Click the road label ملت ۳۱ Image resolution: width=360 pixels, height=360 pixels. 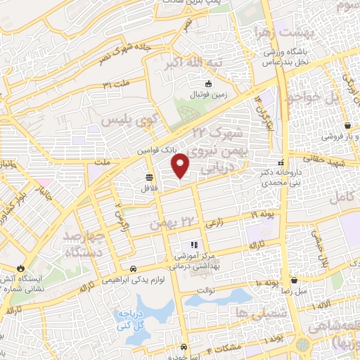[x=117, y=85]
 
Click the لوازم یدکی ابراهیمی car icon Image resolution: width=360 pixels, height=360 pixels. [x=134, y=269]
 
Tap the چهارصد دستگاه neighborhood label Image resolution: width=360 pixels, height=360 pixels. [x=93, y=243]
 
